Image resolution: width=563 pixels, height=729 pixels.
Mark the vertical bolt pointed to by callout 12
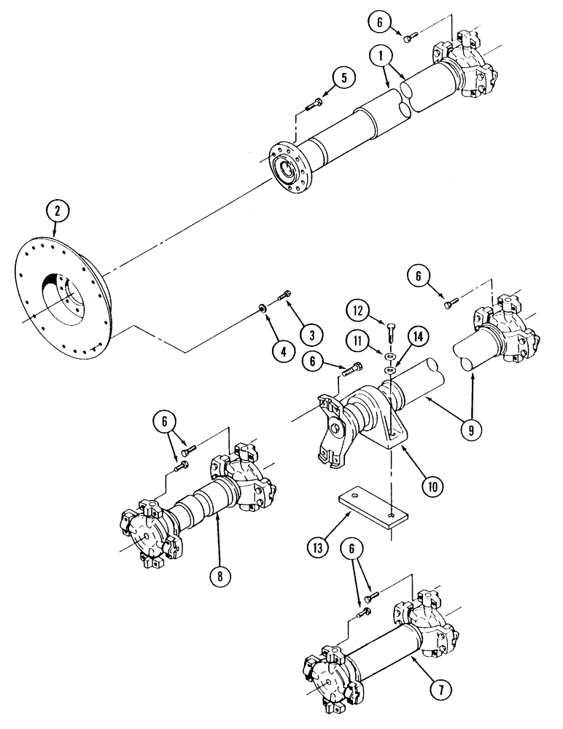(389, 332)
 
